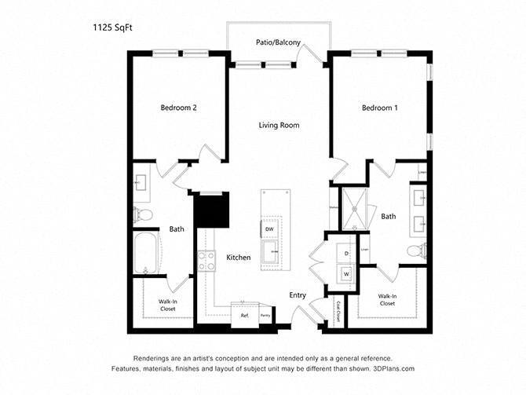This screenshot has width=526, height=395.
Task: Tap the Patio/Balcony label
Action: [x=277, y=42]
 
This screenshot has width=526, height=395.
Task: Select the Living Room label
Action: [x=279, y=125]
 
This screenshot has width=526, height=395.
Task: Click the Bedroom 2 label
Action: [x=178, y=108]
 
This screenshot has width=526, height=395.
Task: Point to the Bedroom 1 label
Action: [x=379, y=108]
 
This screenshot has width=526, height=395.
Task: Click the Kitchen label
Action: [x=239, y=258]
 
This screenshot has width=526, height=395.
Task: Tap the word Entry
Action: [x=298, y=294]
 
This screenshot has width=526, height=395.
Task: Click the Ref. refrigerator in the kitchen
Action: [x=244, y=315]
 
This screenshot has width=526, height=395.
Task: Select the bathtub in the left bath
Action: [x=146, y=254]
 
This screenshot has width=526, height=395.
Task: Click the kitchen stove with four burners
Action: [x=207, y=261]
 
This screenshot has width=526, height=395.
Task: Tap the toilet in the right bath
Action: [x=414, y=251]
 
